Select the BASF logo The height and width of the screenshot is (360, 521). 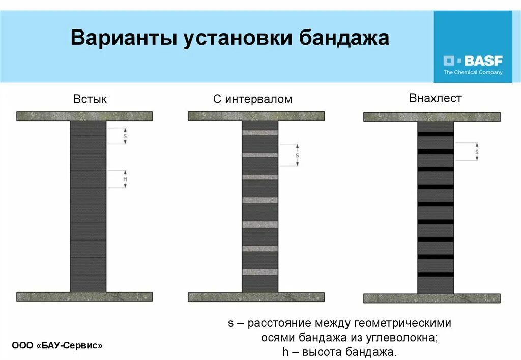[473, 62]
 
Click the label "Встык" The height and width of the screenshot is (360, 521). [90, 99]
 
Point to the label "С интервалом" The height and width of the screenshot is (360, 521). [253, 99]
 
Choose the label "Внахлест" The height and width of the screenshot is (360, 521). [436, 98]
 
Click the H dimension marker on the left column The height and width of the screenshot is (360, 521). [125, 179]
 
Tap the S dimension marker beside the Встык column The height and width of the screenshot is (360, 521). [125, 136]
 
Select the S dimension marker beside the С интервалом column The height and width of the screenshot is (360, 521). [297, 155]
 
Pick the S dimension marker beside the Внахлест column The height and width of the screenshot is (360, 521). [477, 152]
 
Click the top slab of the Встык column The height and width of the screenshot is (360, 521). [84, 116]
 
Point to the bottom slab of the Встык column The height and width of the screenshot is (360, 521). [84, 296]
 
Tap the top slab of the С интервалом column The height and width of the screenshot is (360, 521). [256, 116]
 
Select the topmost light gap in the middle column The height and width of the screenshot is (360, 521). [260, 133]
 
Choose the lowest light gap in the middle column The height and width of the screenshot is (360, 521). [260, 272]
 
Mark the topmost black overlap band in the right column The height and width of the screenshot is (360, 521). [436, 134]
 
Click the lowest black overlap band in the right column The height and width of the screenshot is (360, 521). [436, 275]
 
